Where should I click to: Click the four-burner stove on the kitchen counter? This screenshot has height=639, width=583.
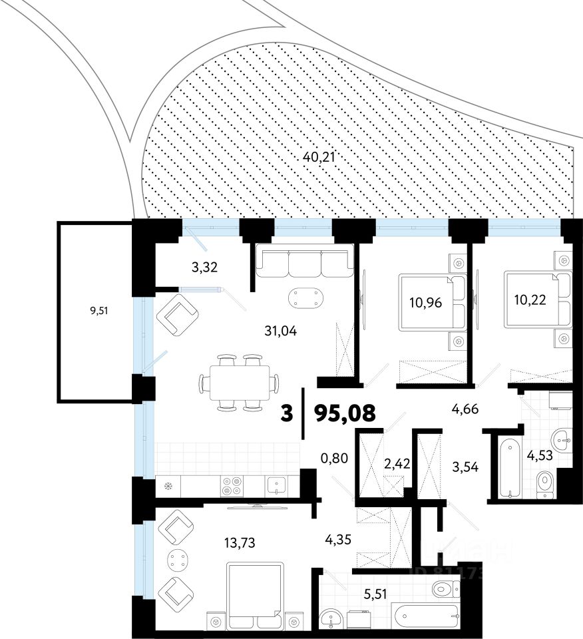[x=232, y=486]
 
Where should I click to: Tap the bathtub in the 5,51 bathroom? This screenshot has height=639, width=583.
[x=425, y=616]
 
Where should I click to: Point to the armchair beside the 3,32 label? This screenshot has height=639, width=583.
[x=177, y=315]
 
